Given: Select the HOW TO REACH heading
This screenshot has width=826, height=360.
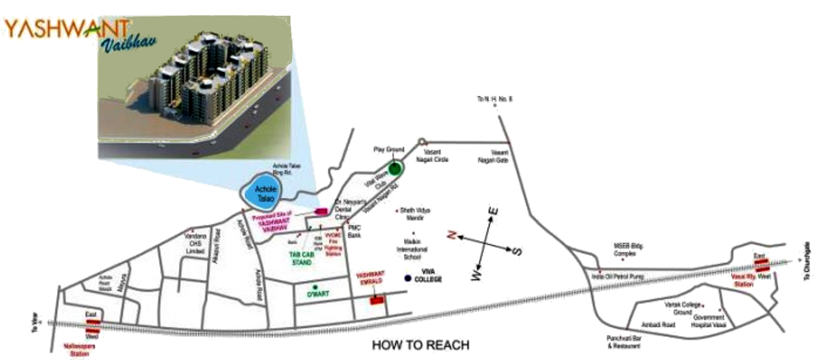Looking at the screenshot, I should click(420, 345).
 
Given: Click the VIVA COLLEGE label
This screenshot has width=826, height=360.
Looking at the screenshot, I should click(428, 275).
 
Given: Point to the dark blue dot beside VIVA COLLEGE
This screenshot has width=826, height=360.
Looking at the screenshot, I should click(408, 278).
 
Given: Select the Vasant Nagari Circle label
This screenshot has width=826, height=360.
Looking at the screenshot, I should click(435, 156).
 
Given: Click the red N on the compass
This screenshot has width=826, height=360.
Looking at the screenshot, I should click(452, 235).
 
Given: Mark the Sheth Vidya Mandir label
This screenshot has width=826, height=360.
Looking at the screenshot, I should click(414, 214).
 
